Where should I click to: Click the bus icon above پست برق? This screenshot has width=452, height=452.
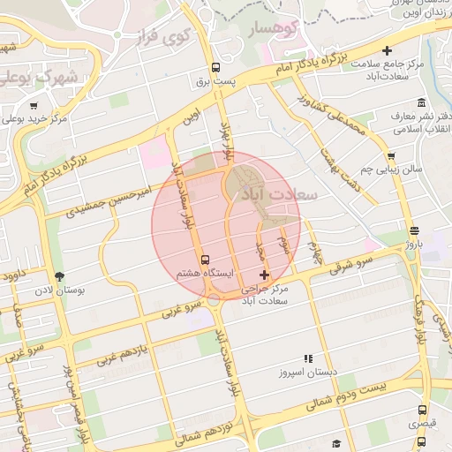pyautogui.click(x=215, y=68)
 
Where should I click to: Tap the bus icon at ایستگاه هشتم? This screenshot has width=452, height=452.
pyautogui.click(x=206, y=260)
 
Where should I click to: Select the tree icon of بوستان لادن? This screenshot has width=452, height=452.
pyautogui.click(x=59, y=276)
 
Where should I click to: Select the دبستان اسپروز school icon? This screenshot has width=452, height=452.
pyautogui.click(x=308, y=358)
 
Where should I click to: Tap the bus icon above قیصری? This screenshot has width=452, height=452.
pyautogui.click(x=422, y=411)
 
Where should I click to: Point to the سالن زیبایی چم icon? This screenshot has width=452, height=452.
pyautogui.click(x=391, y=156)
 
